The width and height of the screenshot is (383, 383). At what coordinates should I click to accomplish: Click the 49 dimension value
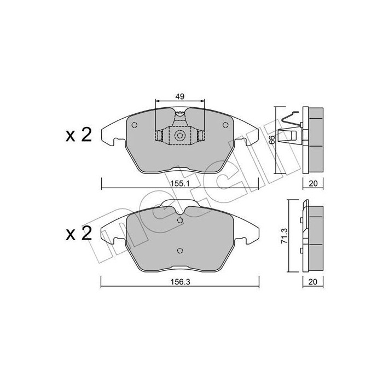pos(180,96)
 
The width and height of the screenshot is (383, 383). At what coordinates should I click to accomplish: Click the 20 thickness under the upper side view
pos(312,183)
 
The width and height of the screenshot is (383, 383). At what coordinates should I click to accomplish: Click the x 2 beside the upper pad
pos(78,135)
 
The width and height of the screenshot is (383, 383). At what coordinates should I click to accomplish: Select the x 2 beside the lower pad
pos(78,234)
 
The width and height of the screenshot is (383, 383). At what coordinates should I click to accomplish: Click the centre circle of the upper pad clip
pos(180,136)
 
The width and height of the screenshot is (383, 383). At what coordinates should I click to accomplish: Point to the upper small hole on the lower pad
pos(180,220)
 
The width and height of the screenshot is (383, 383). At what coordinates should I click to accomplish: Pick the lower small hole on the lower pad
pos(180,251)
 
